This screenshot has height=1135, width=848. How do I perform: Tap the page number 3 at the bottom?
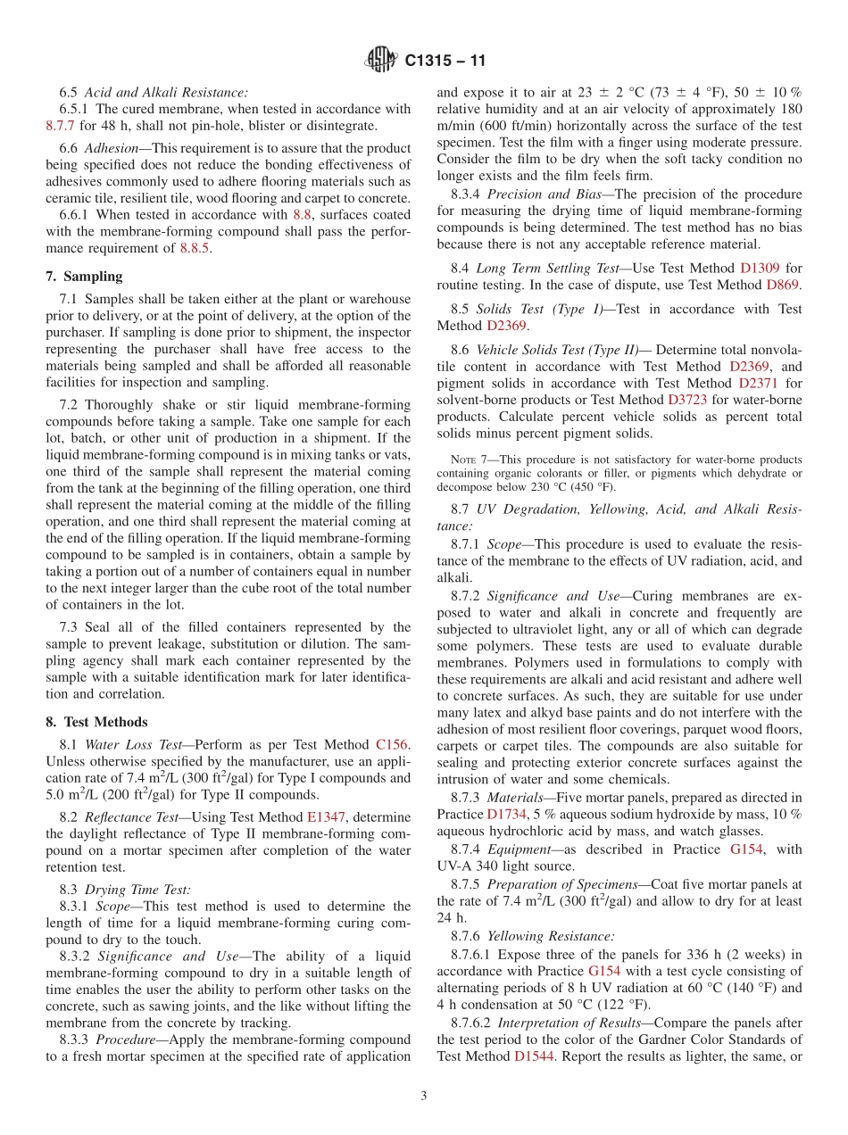coord(424,1096)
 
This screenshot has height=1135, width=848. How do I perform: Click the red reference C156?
coord(393,744)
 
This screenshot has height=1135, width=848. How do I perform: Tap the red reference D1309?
coord(759,268)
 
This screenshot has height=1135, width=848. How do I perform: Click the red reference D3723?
coord(686,400)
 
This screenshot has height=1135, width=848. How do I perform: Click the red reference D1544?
coord(533,1056)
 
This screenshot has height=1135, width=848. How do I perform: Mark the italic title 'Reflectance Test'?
coord(132,816)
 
